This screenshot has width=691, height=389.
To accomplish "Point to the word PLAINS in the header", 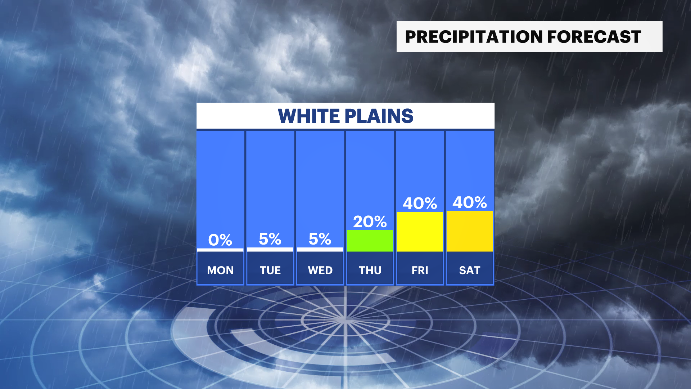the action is click(379, 116).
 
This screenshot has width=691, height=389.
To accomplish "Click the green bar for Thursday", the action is click(370, 241).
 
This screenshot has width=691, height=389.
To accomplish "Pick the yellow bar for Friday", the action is click(420, 232).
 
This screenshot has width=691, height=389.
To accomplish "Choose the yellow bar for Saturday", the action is click(470, 231).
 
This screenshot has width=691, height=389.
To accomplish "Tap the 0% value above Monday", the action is click(220, 240).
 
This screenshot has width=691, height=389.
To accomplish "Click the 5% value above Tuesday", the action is click(270, 239).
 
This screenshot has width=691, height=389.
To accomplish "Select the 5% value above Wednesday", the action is click(320, 239).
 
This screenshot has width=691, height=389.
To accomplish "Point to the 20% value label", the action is click(370, 222).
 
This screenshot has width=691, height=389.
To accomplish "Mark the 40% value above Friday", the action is click(420, 203).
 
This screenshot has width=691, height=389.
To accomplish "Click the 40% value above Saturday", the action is click(470, 202).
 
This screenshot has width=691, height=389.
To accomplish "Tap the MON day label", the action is click(220, 270).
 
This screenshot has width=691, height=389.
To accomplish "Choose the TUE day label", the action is click(270, 270).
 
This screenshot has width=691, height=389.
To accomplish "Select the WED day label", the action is click(320, 270).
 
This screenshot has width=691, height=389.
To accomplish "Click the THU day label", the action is click(370, 270).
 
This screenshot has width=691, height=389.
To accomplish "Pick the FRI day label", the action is click(420, 270).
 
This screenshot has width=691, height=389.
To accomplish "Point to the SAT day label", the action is click(470, 270).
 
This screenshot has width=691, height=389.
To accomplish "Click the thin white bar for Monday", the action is click(220, 250).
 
